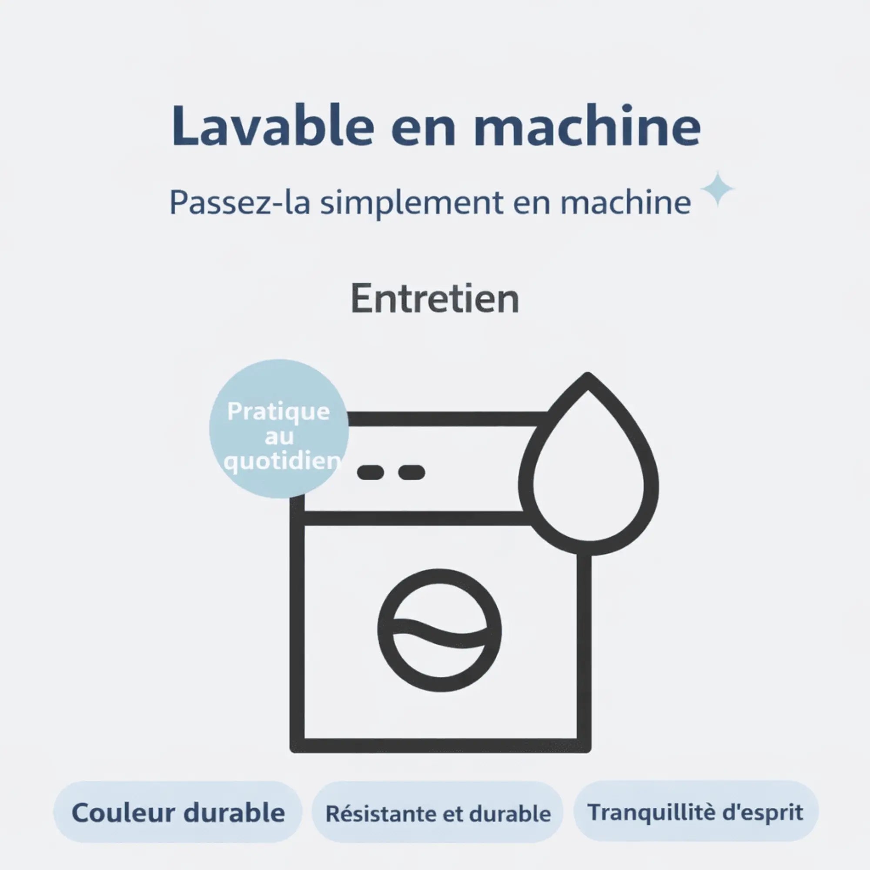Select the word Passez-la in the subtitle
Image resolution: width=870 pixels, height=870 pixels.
(240, 202)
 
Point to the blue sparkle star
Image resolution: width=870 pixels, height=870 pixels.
(718, 189)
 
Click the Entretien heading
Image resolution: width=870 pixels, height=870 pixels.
(435, 298)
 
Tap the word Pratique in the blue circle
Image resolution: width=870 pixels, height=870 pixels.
(278, 412)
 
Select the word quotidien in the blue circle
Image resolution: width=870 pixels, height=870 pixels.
(282, 461)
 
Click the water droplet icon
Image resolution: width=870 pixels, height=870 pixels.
(589, 463)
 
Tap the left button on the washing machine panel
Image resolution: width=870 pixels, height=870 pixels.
(371, 472)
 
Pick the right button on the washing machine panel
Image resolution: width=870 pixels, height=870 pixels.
(412, 472)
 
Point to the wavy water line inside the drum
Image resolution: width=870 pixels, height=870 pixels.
(439, 634)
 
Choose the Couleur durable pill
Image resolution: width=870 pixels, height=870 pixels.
(178, 812)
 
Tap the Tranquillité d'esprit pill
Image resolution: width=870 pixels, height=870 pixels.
(696, 811)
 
